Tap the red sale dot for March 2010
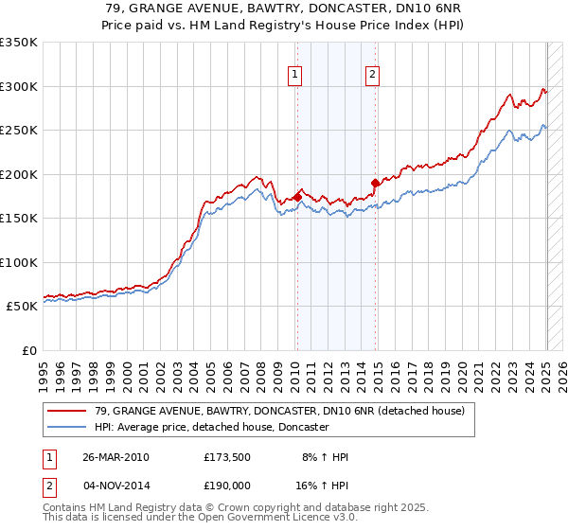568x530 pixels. coord(297,197)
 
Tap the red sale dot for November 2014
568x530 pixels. coord(376,183)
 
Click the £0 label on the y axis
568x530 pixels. coord(29,350)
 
